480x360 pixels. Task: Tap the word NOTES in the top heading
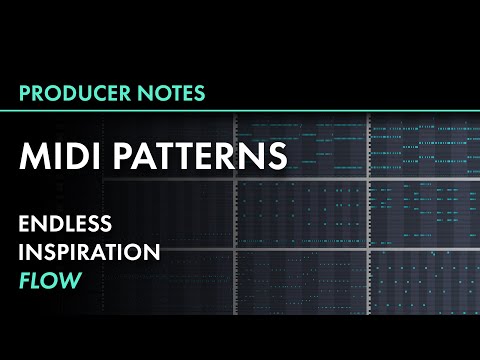[x=172, y=93]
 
